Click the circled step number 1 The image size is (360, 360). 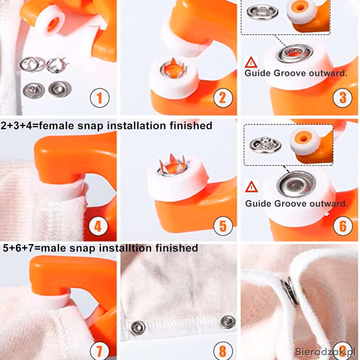(x=100, y=98)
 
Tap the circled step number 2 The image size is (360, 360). (x=223, y=98)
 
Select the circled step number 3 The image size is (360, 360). (x=343, y=97)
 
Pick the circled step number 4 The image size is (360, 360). (x=98, y=226)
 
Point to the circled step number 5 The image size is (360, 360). (x=223, y=226)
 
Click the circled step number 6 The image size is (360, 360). (x=343, y=226)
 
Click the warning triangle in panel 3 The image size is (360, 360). (x=251, y=63)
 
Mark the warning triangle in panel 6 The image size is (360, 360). (x=251, y=187)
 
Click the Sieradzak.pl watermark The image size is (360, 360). (x=325, y=352)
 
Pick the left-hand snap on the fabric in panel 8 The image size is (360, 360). (x=138, y=328)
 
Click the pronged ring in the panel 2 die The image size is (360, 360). (x=174, y=69)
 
